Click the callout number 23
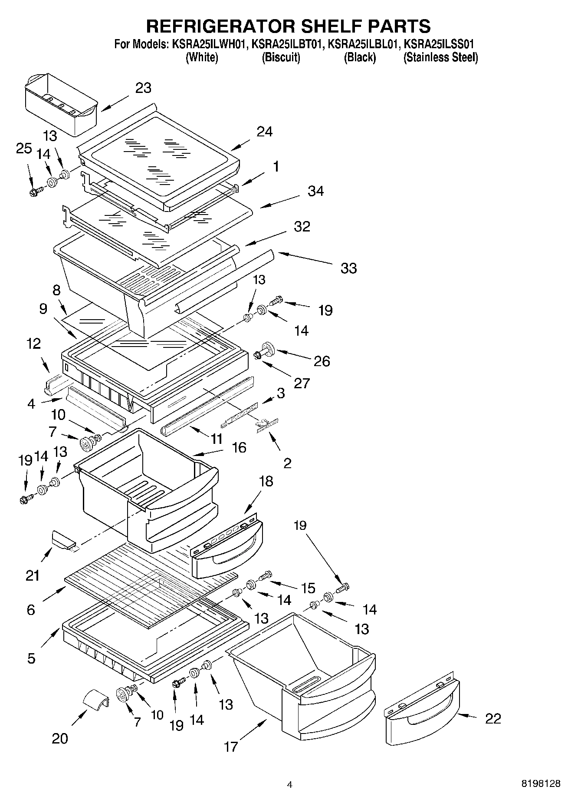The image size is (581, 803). pyautogui.click(x=143, y=88)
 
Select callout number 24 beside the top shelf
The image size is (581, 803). pyautogui.click(x=264, y=131)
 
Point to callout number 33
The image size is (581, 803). pyautogui.click(x=348, y=268)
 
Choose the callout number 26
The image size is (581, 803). pyautogui.click(x=322, y=361)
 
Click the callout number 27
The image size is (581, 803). pyautogui.click(x=302, y=383)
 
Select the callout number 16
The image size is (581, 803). pyautogui.click(x=239, y=447)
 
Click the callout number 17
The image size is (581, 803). pyautogui.click(x=231, y=746)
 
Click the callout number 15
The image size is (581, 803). pyautogui.click(x=308, y=588)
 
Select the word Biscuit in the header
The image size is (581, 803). pyautogui.click(x=281, y=57)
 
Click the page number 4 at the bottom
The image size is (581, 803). pyautogui.click(x=290, y=784)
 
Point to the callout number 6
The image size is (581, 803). pyautogui.click(x=30, y=609)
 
